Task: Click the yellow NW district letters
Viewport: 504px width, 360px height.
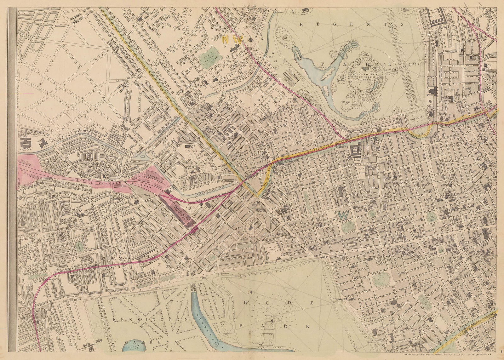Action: click(232, 40)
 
